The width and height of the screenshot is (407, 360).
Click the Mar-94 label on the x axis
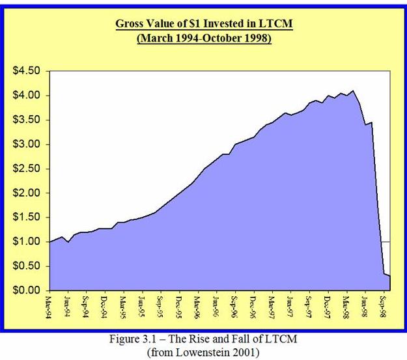click(49, 307)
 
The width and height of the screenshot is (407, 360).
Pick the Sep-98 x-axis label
click(385, 307)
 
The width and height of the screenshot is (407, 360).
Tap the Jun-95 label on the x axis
click(142, 307)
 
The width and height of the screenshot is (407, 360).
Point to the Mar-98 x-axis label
click(347, 307)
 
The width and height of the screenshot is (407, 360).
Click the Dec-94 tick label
click(105, 307)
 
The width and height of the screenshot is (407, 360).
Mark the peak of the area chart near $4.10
click(353, 90)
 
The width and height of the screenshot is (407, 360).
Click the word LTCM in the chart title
click(276, 25)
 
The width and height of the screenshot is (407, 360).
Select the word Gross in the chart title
click(131, 25)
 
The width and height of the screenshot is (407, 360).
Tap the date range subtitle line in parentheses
click(203, 38)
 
